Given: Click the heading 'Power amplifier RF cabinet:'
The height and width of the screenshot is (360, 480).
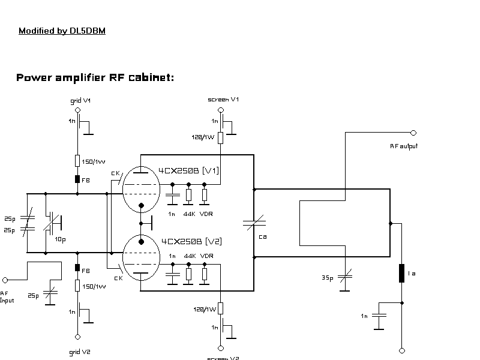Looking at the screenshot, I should pyautogui.click(x=95, y=78).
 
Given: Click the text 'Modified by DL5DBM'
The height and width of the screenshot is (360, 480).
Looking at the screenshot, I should pyautogui.click(x=62, y=31).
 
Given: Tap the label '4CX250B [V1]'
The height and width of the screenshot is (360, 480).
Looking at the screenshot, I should pyautogui.click(x=189, y=171).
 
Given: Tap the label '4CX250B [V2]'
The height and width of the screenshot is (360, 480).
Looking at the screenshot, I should pyautogui.click(x=191, y=241).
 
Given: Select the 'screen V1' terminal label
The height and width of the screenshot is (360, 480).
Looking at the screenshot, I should pyautogui.click(x=223, y=99).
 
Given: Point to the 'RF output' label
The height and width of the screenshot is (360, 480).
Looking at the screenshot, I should pyautogui.click(x=404, y=146).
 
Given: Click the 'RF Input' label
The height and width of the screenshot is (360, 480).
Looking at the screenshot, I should pyautogui.click(x=7, y=296).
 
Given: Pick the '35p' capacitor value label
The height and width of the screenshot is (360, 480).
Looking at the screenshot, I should pyautogui.click(x=327, y=278).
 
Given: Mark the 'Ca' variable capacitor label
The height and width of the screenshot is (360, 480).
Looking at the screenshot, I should pyautogui.click(x=263, y=236).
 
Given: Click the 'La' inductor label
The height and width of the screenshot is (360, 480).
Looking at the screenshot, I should pyautogui.click(x=412, y=274).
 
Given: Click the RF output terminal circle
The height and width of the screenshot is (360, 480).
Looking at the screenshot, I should pyautogui.click(x=413, y=133).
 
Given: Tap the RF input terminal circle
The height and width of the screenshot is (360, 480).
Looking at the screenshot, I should pyautogui.click(x=5, y=280).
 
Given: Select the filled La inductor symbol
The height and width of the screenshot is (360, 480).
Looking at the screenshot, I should pyautogui.click(x=401, y=273).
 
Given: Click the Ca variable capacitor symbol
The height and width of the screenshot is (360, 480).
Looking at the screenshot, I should pyautogui.click(x=254, y=223).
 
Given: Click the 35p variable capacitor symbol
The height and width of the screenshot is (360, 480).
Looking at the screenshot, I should pyautogui.click(x=345, y=276).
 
